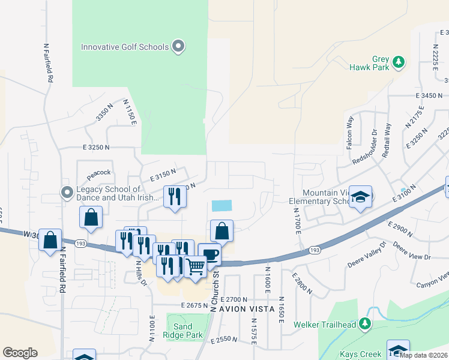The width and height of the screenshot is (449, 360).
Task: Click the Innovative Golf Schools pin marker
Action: pyautogui.click(x=178, y=46)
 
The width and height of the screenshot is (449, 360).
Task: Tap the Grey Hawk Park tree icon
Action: pyautogui.click(x=397, y=62)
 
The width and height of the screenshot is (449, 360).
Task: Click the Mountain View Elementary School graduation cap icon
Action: pyautogui.click(x=360, y=197)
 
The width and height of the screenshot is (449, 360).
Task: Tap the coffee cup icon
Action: pyautogui.click(x=209, y=254)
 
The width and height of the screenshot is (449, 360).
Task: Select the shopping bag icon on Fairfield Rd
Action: pyautogui.click(x=50, y=239)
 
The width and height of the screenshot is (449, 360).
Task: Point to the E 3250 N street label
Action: pyautogui.click(x=97, y=147)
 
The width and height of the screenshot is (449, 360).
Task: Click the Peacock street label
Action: pyautogui.click(x=99, y=173)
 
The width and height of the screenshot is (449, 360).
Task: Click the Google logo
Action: pyautogui.click(x=20, y=353)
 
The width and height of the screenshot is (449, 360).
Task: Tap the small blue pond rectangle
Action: pyautogui.click(x=221, y=205)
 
